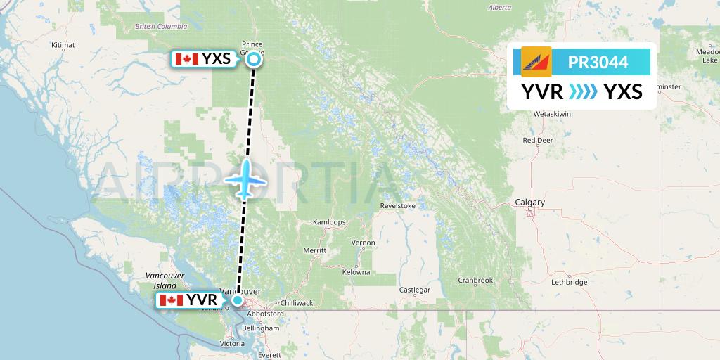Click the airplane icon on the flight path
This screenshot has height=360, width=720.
[x=245, y=179]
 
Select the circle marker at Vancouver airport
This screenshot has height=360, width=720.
[x=238, y=301]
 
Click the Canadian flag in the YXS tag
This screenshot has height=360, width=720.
[x=186, y=59]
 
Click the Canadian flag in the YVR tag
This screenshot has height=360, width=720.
[x=172, y=301]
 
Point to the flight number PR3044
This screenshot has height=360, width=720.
[x=598, y=62]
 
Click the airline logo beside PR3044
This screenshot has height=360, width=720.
[x=536, y=62]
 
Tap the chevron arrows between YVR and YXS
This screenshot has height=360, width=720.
[x=583, y=91]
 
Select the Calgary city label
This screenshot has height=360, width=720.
[x=529, y=202]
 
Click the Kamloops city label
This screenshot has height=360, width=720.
[x=329, y=222]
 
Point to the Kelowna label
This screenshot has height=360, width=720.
[x=356, y=272]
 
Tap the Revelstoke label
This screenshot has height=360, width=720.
[x=398, y=206]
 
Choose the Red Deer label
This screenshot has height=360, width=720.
[x=538, y=140]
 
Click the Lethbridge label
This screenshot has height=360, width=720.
[x=569, y=282]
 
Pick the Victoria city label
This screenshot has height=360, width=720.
[x=232, y=344]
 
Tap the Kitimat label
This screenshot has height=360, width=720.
[x=63, y=44]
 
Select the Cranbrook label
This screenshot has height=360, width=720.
[x=475, y=280]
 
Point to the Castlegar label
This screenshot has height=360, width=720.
[x=414, y=290]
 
